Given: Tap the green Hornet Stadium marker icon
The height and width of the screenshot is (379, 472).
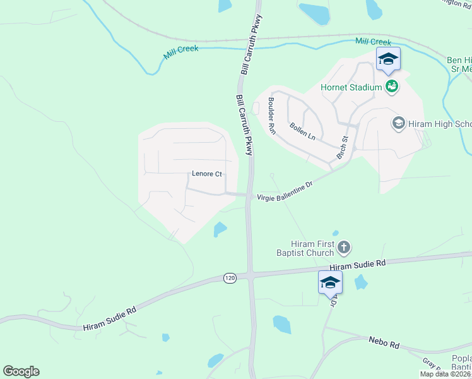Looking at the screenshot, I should pyautogui.click(x=392, y=87).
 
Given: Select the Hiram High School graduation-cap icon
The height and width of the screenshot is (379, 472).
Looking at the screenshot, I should pyautogui.click(x=398, y=123).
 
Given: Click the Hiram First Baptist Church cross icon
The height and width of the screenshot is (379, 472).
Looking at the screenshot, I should pyautogui.click(x=344, y=248).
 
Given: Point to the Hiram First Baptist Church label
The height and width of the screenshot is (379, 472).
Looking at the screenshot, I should pyautogui.click(x=312, y=248).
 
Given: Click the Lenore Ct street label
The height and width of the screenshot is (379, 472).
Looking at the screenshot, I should pyautogui.click(x=207, y=174).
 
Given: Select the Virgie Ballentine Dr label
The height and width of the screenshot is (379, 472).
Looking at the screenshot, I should pyautogui.click(x=285, y=191).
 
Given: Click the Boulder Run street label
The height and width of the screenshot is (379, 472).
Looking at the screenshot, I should pyautogui.click(x=272, y=116).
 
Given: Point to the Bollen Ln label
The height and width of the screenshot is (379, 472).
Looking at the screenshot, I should pyautogui.click(x=302, y=131).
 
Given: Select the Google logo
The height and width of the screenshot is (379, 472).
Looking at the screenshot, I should pyautogui.click(x=21, y=371).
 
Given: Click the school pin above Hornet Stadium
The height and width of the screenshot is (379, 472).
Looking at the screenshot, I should pyautogui.click(x=388, y=59).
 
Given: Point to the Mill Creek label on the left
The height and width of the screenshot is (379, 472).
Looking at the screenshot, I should pyautogui.click(x=180, y=52).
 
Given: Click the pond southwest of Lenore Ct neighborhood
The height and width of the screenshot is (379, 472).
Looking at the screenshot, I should pyautogui.click(x=219, y=229).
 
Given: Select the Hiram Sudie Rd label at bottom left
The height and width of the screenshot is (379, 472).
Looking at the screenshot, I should pyautogui.click(x=110, y=318).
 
